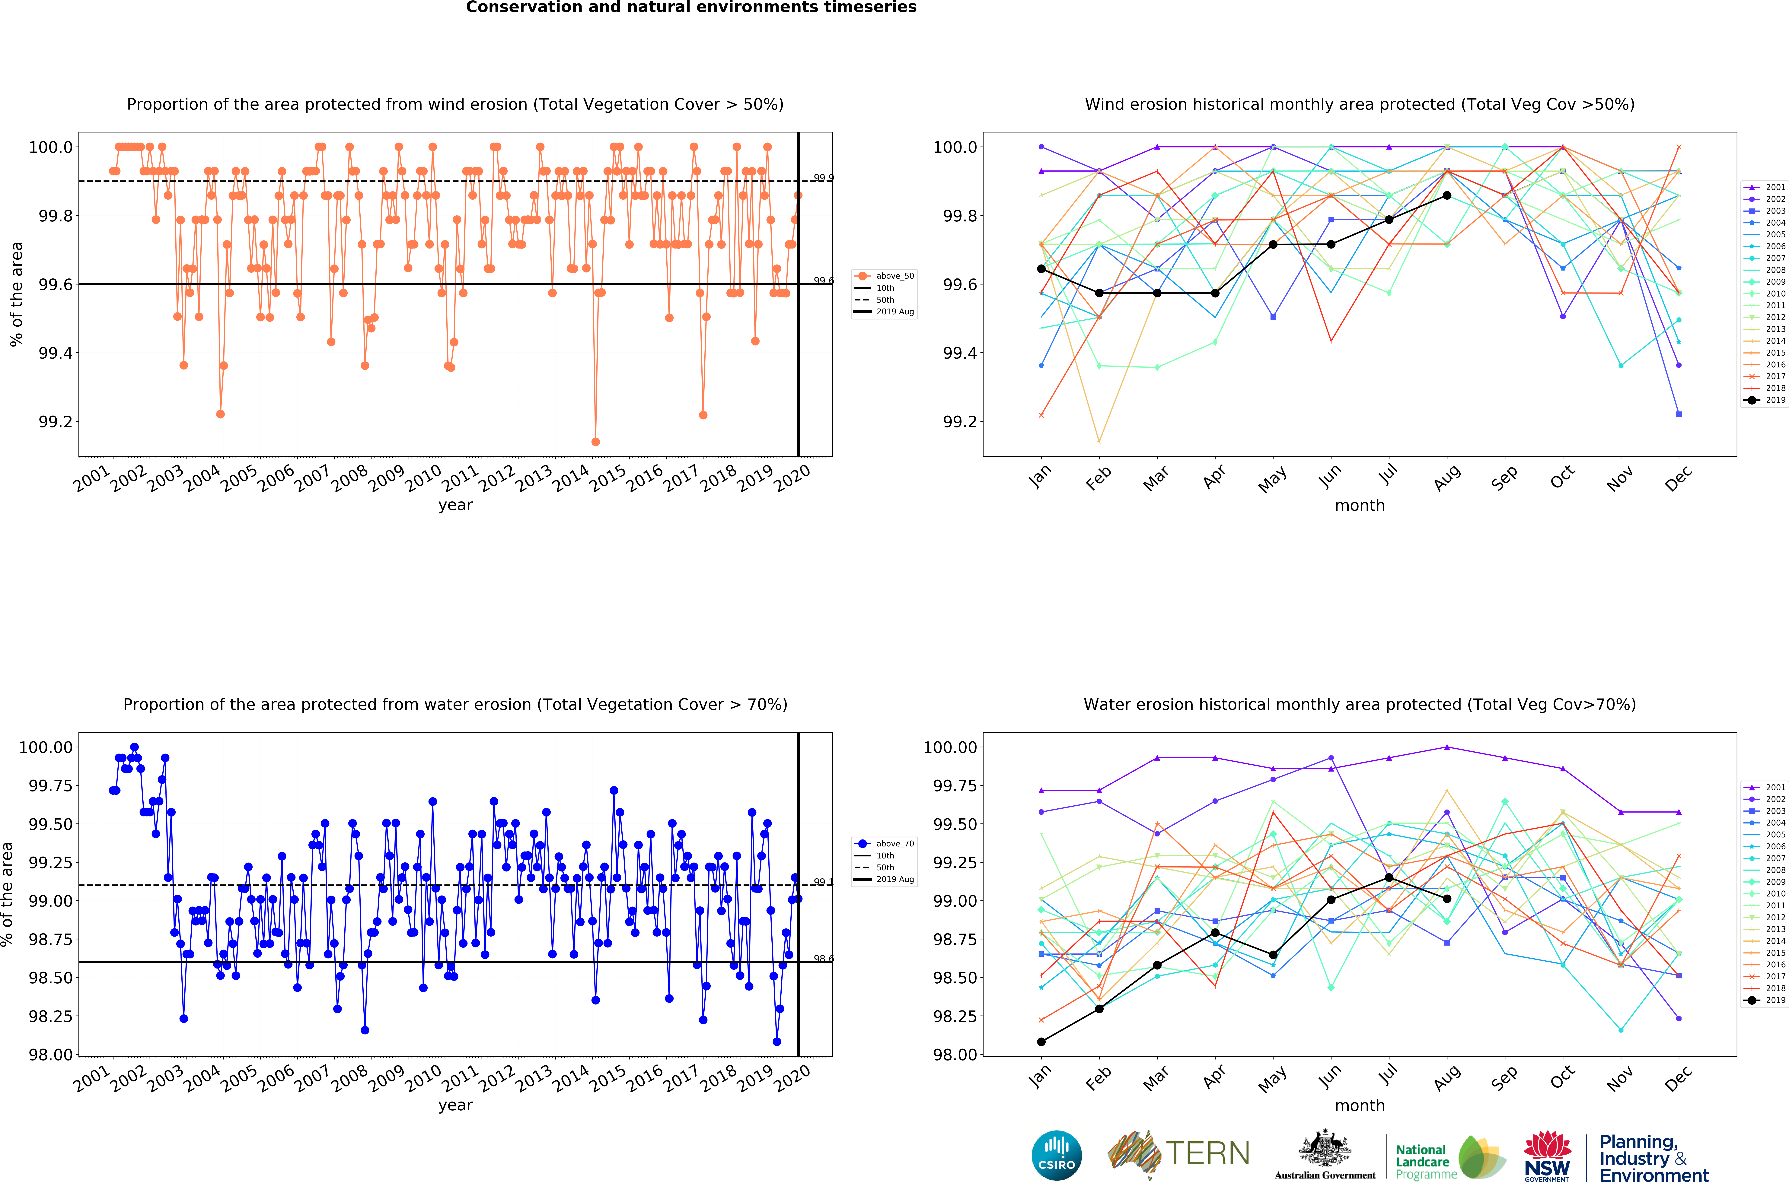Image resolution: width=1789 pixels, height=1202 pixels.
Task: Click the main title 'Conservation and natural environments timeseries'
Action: (x=691, y=8)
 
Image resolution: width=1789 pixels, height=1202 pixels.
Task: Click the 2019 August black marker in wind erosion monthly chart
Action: (x=1446, y=195)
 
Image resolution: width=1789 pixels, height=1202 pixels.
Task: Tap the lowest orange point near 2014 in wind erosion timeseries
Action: (x=595, y=442)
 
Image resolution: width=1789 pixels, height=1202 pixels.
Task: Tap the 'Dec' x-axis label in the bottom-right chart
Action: (x=1678, y=1078)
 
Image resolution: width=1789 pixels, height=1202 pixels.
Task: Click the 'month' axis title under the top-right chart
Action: (x=1360, y=505)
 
